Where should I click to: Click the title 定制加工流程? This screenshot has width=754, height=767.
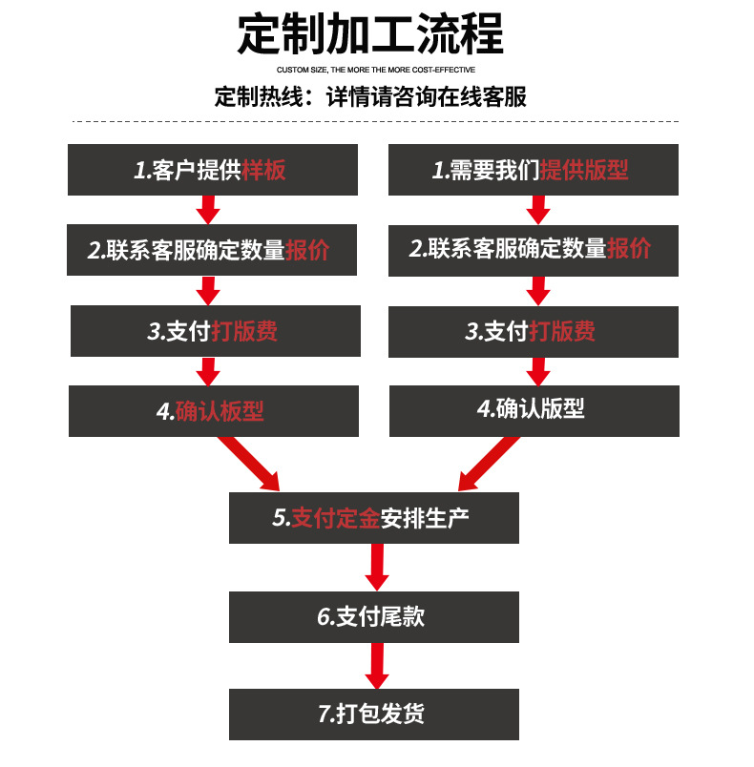pos(370,34)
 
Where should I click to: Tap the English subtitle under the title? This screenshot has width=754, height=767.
pos(376,70)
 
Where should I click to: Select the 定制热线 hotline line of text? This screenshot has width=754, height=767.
pos(370,97)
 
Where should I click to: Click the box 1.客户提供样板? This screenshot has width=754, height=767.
pos(212,171)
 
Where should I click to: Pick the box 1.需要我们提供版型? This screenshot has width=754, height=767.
pos(534,171)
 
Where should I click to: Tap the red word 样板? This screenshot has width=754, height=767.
pos(263,171)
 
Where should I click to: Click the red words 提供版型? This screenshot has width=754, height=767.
pos(584,171)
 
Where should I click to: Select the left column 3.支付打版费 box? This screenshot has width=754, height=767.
pos(215,331)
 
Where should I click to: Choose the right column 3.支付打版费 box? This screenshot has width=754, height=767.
pos(534,331)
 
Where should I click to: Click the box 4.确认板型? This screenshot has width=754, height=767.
pos(213,411)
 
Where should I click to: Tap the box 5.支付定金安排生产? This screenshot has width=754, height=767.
pos(373,518)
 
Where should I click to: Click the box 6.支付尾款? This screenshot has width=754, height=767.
pos(373,617)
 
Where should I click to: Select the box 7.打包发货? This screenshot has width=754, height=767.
pos(373,715)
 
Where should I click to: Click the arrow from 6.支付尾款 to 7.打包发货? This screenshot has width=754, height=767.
pos(377,666)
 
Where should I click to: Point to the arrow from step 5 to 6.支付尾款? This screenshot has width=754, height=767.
pos(377,568)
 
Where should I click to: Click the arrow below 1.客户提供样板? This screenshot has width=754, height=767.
pos(208,209)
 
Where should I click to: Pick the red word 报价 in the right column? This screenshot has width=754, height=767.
pos(629,249)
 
